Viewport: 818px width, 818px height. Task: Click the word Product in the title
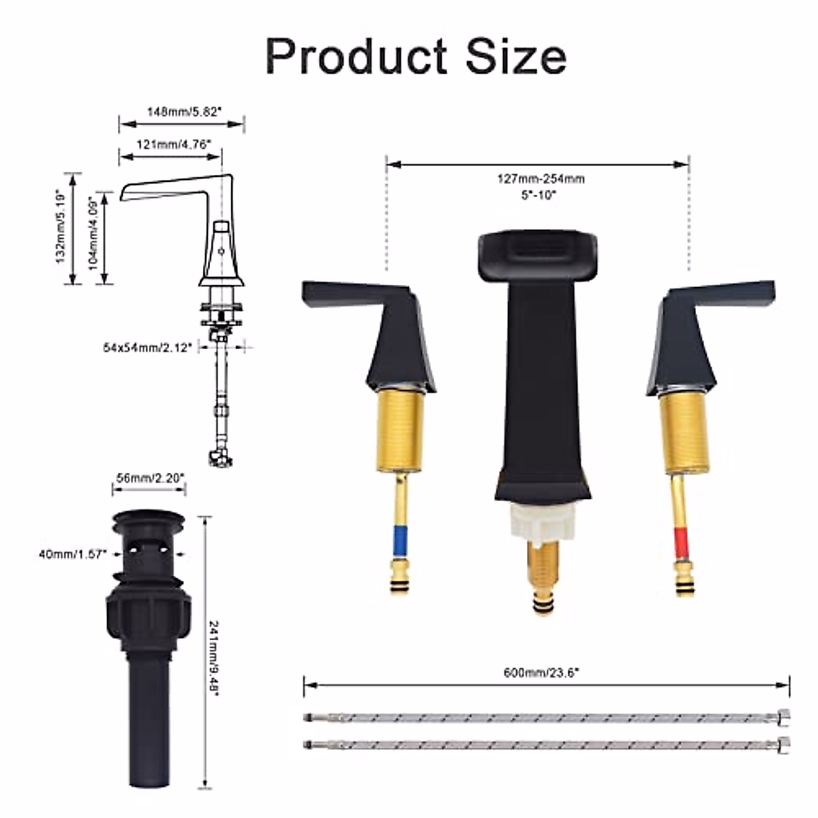[356, 56]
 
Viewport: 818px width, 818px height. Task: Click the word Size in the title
[517, 56]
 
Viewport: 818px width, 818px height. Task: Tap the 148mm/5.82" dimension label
[184, 112]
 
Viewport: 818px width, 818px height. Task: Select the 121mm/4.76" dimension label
[174, 145]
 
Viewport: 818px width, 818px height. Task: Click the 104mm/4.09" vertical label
[93, 233]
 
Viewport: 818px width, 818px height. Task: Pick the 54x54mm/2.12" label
[148, 348]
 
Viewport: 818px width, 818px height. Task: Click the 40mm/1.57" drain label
[72, 554]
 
